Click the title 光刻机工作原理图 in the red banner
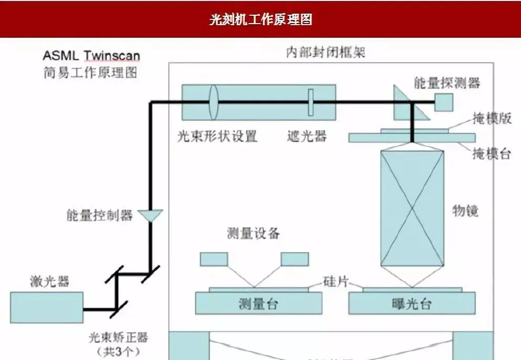pos(260,19)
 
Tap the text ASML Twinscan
pos(91,56)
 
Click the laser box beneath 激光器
pos(47,308)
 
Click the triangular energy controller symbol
pos(150,215)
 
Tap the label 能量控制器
pos(99,215)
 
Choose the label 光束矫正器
pos(119,336)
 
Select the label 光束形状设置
pos(217,136)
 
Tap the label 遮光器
pos(307,136)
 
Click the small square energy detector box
pos(444,102)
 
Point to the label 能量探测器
pos(447,82)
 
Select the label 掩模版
pos(492,119)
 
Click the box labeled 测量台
pos(257,303)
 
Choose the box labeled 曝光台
pos(412,303)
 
